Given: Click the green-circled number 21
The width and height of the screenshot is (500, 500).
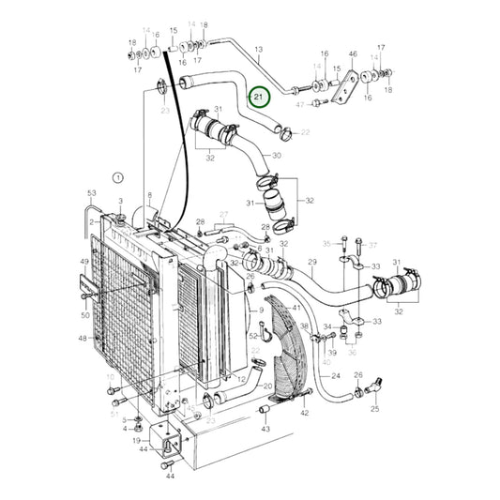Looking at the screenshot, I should click(x=259, y=97).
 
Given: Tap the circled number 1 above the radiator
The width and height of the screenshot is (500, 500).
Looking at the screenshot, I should click(x=118, y=176).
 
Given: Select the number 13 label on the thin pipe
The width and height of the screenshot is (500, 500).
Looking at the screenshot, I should click(x=259, y=48).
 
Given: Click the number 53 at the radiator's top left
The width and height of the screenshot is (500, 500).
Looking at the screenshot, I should click(x=92, y=193).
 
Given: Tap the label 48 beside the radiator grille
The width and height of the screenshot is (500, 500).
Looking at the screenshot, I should click(x=83, y=339).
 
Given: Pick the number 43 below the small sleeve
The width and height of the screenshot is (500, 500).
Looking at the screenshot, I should click(x=265, y=429).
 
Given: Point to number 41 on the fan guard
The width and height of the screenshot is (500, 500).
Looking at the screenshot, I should click(x=295, y=308).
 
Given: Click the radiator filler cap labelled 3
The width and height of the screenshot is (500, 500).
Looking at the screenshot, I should click(x=121, y=219).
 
